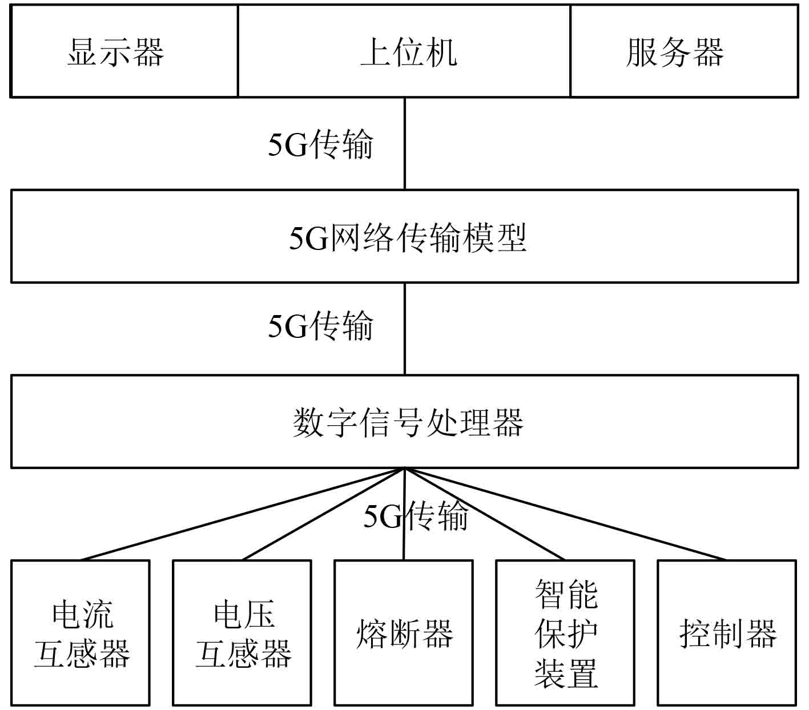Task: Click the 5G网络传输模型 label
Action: tap(408, 237)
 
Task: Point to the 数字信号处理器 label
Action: tap(408, 422)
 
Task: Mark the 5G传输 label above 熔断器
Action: tap(416, 516)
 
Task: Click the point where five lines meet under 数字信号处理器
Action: tap(405, 469)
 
